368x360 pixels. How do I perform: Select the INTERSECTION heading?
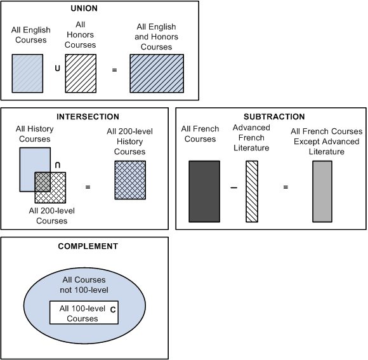(x=88, y=117)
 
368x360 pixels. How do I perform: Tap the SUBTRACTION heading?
(x=274, y=117)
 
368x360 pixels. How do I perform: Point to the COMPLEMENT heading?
(x=84, y=246)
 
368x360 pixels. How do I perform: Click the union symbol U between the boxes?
(x=58, y=69)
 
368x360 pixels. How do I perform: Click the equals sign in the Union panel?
(x=114, y=69)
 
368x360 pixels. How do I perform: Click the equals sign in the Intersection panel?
(x=88, y=187)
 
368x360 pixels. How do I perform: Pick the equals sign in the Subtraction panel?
(x=286, y=187)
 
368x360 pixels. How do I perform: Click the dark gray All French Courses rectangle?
(x=204, y=191)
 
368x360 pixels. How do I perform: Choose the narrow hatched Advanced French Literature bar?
(x=252, y=191)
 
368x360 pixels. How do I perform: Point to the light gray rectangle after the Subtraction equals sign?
(x=322, y=191)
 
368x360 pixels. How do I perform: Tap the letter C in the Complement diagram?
(x=112, y=310)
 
